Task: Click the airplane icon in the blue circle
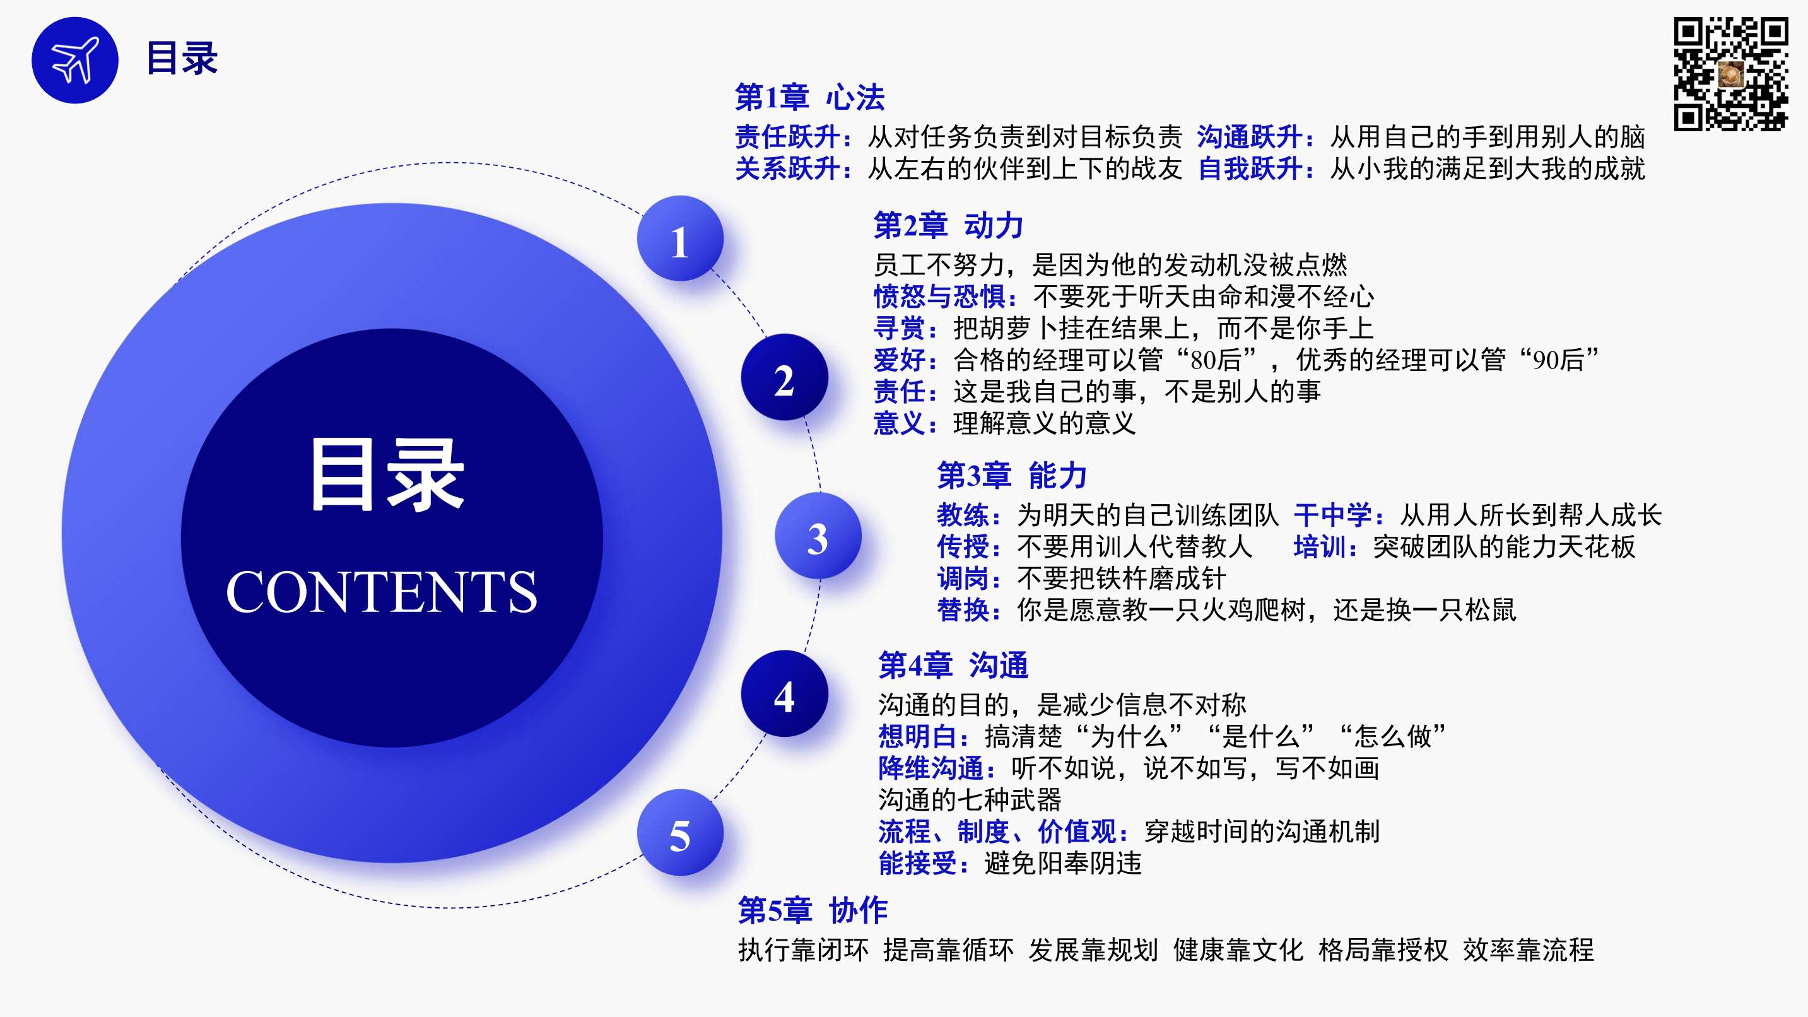click(75, 60)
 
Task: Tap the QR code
click(1730, 74)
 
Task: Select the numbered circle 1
click(680, 238)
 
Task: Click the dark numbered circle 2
click(784, 378)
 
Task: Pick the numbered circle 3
click(818, 536)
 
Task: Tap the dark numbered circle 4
click(784, 693)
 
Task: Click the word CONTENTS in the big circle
click(381, 592)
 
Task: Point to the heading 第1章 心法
click(809, 98)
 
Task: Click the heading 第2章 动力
click(948, 225)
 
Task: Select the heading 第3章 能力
click(1012, 476)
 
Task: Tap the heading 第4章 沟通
click(953, 665)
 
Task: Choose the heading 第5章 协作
click(813, 910)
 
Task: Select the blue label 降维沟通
click(930, 768)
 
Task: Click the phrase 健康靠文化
click(1238, 949)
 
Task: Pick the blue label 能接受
click(918, 862)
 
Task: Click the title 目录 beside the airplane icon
click(182, 58)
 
